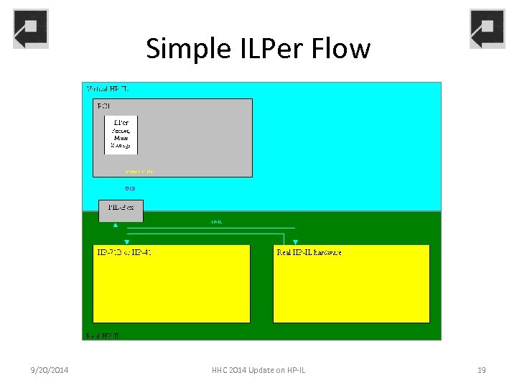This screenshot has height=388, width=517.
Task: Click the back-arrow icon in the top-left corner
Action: [31, 29]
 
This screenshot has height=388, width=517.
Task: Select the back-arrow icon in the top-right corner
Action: [487, 29]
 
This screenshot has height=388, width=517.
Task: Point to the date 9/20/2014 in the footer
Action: [50, 370]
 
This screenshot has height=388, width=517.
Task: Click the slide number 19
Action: [481, 370]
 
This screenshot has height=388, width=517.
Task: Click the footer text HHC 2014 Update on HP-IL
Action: [258, 370]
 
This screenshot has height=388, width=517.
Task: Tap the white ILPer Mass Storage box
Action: [121, 134]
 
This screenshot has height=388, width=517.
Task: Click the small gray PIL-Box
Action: [121, 211]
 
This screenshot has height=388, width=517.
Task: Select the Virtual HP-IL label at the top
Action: [108, 88]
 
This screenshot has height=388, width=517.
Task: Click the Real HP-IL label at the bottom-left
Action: [103, 336]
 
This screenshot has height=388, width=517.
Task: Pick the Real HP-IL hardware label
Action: [309, 252]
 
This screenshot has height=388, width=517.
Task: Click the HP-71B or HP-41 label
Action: [124, 252]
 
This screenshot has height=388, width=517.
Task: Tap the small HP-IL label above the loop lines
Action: [216, 223]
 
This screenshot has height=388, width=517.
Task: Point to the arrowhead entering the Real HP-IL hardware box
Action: [295, 242]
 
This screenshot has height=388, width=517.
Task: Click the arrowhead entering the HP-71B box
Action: [126, 242]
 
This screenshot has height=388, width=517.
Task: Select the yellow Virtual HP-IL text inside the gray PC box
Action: [139, 172]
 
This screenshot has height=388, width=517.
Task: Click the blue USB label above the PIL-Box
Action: [130, 188]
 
